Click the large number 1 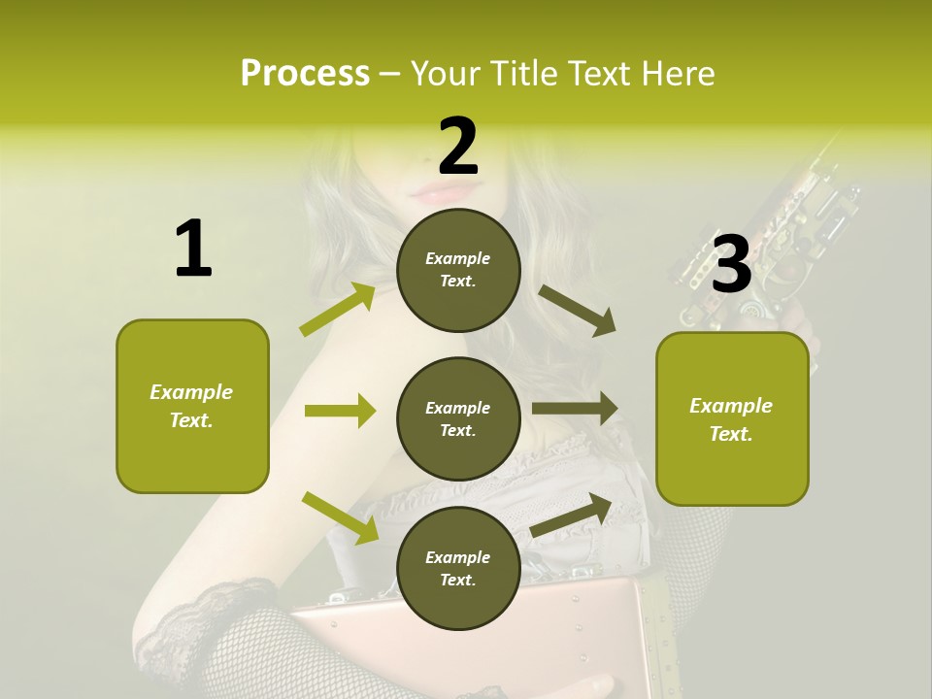coord(193,249)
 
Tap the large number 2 coord(458,147)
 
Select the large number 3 coord(731,263)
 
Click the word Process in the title coord(305,73)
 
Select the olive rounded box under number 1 coord(192,406)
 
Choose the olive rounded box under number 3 coord(732,418)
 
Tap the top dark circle coord(458,270)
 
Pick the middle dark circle coord(458,418)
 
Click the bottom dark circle coord(458,568)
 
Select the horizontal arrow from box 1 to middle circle coord(340,411)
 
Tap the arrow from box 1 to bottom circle coord(340,516)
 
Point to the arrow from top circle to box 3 coord(577,310)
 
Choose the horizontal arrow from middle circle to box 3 coord(575,409)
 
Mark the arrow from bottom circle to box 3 coord(572,515)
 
